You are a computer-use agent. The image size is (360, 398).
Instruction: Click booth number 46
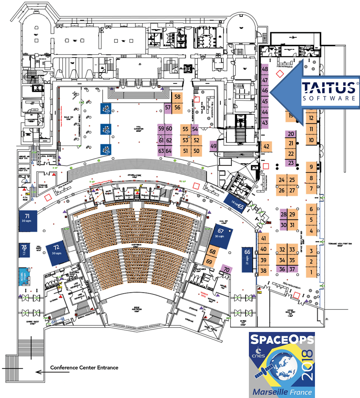pyautogui.click(x=265, y=90)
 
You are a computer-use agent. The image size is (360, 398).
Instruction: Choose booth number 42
pyautogui.click(x=267, y=146)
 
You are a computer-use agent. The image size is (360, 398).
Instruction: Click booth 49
pyautogui.click(x=214, y=146)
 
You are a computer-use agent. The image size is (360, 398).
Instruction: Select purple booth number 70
pyautogui.click(x=226, y=269)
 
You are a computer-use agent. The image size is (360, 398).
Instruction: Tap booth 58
pyautogui.click(x=178, y=97)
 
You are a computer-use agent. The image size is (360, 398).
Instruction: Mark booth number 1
pyautogui.click(x=311, y=272)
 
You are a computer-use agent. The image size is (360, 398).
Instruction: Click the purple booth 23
pyautogui.click(x=291, y=163)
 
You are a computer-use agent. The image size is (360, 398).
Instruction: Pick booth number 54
pyautogui.click(x=195, y=129)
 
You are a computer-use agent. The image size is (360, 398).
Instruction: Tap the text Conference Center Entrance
pyautogui.click(x=84, y=368)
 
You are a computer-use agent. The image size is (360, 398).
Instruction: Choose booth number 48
pyautogui.click(x=265, y=69)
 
